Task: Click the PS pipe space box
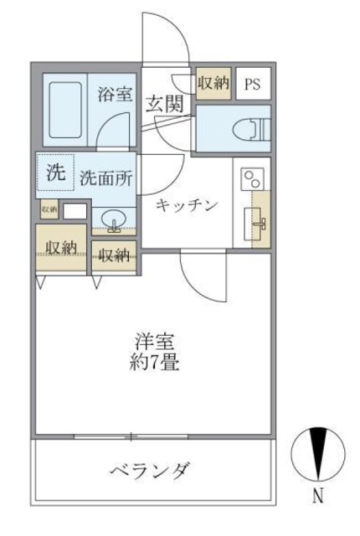click(x=252, y=85)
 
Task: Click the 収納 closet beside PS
click(x=213, y=83)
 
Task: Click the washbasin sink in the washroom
click(x=113, y=219)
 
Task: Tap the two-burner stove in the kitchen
click(x=251, y=178)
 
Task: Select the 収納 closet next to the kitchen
click(x=114, y=255)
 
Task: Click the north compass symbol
click(x=317, y=455)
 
